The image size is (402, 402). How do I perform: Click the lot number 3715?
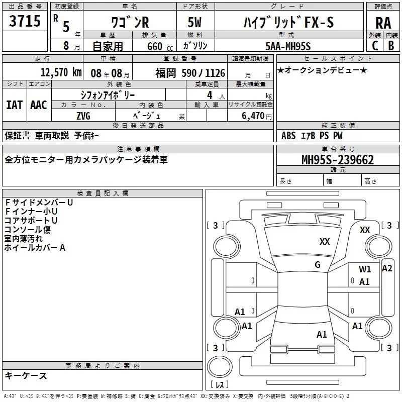tap(25, 22)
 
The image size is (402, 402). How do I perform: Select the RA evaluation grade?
tap(383, 23)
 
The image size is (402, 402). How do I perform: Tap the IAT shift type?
tap(14, 105)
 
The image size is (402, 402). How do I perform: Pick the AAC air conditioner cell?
tap(38, 105)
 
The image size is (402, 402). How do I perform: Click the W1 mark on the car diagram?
tap(365, 269)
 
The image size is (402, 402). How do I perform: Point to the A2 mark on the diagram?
tap(386, 268)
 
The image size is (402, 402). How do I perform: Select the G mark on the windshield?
tap(317, 264)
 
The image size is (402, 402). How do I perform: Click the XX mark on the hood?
tap(325, 242)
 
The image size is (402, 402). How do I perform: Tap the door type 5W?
tap(195, 23)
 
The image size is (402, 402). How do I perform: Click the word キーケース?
tap(26, 375)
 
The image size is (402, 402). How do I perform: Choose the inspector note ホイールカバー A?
tap(35, 248)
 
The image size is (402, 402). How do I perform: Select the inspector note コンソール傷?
tap(28, 230)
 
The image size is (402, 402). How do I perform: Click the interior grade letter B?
tap(391, 46)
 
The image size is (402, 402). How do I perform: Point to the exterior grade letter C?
tap(374, 46)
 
